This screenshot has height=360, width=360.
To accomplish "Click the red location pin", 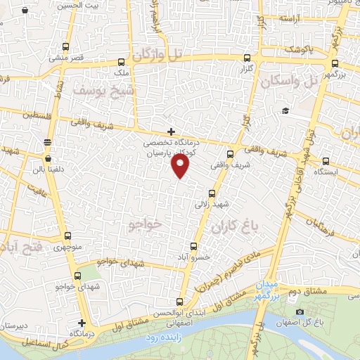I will click(181, 166).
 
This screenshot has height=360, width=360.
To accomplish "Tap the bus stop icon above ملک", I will click(121, 61).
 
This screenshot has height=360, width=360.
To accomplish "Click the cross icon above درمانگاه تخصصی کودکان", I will click(171, 131).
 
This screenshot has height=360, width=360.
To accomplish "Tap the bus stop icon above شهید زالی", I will click(212, 193).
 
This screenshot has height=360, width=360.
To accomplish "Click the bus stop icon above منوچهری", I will click(67, 236).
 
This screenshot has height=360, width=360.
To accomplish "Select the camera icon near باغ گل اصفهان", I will click(300, 311).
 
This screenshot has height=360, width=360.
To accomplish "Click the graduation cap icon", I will click(285, 110).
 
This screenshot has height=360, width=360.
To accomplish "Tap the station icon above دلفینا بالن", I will click(47, 141).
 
